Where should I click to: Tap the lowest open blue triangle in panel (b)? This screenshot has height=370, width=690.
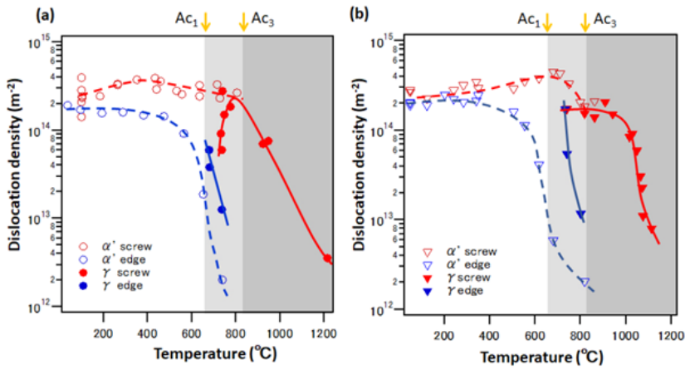[x=585, y=282]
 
